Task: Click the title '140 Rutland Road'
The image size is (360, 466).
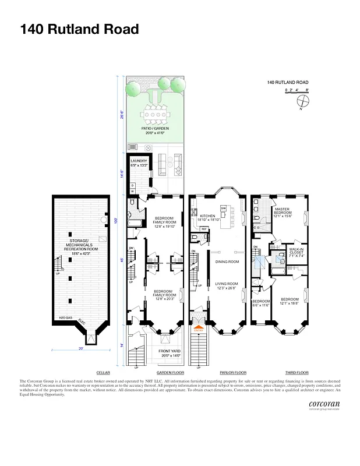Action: pyautogui.click(x=79, y=29)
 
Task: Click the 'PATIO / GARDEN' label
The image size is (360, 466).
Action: pyautogui.click(x=155, y=129)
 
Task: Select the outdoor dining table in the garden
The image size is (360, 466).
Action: pyautogui.click(x=156, y=115)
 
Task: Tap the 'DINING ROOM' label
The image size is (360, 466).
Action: pyautogui.click(x=227, y=262)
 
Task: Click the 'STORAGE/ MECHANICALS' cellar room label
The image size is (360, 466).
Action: pyautogui.click(x=80, y=245)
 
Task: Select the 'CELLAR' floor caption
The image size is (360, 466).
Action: pyautogui.click(x=103, y=372)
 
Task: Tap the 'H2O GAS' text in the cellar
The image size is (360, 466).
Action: pyautogui.click(x=65, y=317)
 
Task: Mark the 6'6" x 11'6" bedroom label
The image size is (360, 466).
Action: pyautogui.click(x=260, y=303)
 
